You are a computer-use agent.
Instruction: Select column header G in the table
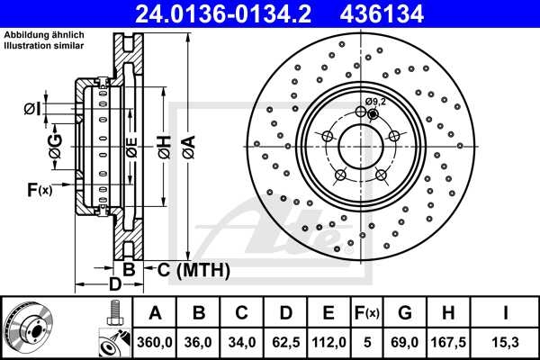[405, 313]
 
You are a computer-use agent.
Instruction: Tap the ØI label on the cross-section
[31, 109]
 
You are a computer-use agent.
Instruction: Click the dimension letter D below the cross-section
[114, 284]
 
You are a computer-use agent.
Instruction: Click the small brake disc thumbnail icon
[28, 328]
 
